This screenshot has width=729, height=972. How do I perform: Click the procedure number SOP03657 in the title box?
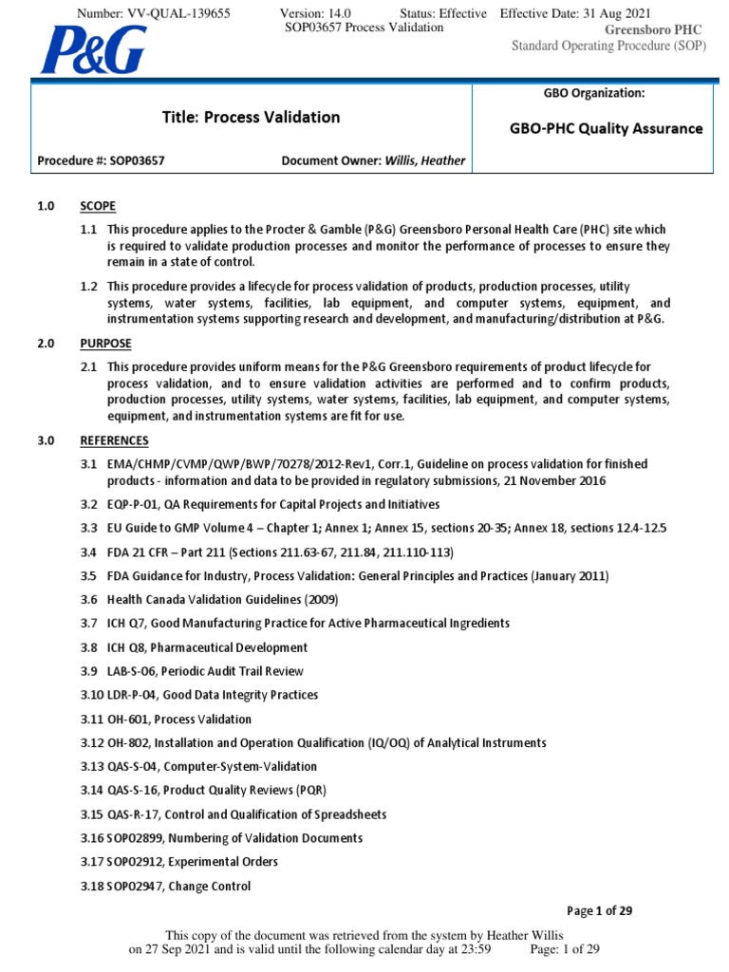click(133, 160)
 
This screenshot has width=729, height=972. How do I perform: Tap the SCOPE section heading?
click(98, 206)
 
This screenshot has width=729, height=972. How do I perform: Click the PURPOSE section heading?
click(105, 343)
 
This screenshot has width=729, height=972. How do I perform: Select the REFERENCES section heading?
click(114, 440)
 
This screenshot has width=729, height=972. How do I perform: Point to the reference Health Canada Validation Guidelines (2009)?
click(222, 599)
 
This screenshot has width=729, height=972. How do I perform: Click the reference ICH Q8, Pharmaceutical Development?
click(207, 647)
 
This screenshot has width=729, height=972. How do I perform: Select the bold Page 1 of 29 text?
click(599, 911)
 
